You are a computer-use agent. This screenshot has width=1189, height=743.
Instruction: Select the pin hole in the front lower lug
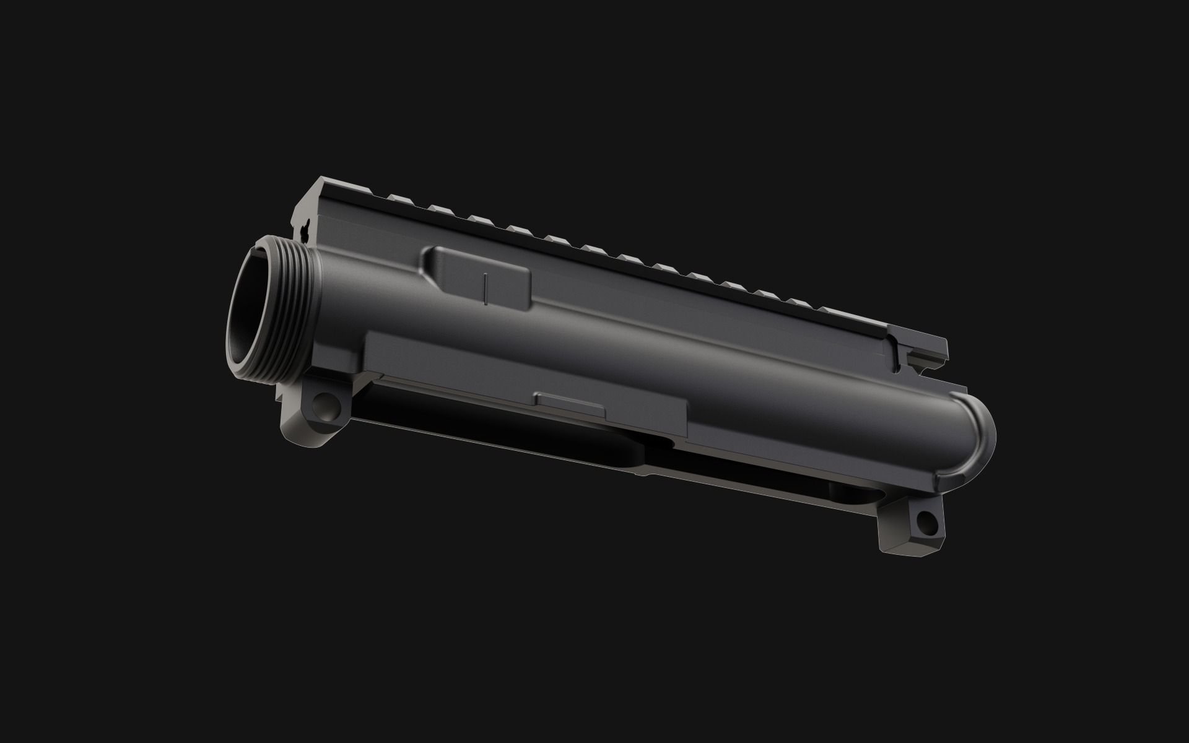(x=323, y=406)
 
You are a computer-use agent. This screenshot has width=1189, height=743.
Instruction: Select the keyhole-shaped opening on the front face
(x=305, y=231)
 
